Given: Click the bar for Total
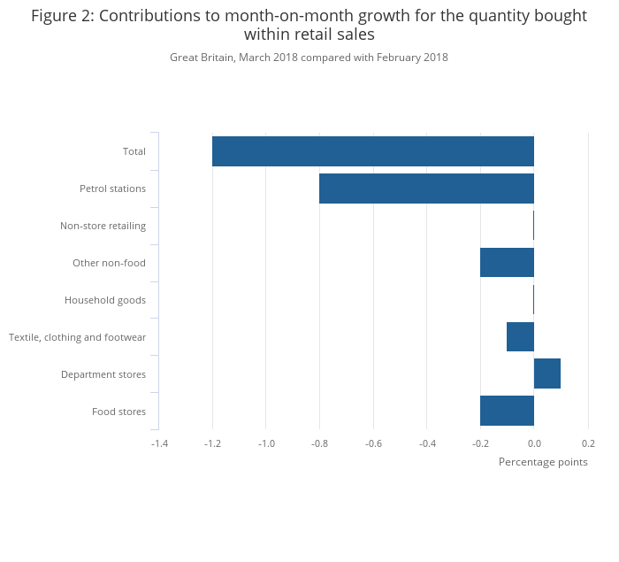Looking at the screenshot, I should point(372,151).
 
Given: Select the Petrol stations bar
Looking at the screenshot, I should point(426,189).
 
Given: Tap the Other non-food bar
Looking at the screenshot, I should point(507,263).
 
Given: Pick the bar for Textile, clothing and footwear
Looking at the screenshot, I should point(520,337).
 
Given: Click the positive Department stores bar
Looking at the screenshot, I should point(547,373).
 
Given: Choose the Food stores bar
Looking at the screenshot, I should point(507,411).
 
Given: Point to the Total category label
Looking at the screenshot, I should point(134,151).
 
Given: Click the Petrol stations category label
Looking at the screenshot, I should point(112,189).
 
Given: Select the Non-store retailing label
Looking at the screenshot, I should point(103,226).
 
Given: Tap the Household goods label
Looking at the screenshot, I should point(105,300).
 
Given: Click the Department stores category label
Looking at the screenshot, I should point(103,374).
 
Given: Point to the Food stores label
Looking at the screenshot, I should point(118,412).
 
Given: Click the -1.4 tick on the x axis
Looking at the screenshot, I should point(159,443).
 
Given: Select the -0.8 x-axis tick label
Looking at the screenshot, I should point(319,443).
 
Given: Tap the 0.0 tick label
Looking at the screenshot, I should point(534,443).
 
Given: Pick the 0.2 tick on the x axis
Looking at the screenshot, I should point(588,443).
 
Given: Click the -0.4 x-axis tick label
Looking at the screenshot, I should point(427,443).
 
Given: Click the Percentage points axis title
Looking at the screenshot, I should point(543,461).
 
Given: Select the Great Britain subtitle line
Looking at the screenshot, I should point(309,58).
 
